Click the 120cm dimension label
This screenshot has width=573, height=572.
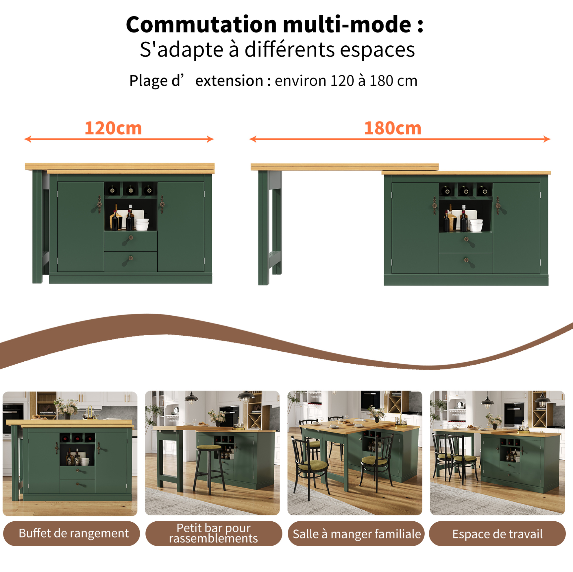[113, 128]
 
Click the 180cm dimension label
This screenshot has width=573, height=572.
[392, 128]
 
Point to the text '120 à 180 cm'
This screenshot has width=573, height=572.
[374, 80]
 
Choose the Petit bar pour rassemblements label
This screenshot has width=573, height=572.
[214, 533]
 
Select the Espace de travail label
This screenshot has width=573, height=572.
[497, 534]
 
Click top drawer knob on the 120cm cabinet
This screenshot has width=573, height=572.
[130, 237]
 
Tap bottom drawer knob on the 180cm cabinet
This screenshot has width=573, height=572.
[466, 260]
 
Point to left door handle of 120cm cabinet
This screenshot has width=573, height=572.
[99, 204]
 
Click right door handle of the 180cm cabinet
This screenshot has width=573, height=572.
[498, 205]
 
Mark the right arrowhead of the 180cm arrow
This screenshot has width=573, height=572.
[547, 139]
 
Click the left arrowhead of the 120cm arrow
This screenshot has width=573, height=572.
[27, 139]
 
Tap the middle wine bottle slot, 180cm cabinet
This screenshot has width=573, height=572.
[466, 190]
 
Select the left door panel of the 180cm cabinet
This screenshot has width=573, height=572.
[415, 228]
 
